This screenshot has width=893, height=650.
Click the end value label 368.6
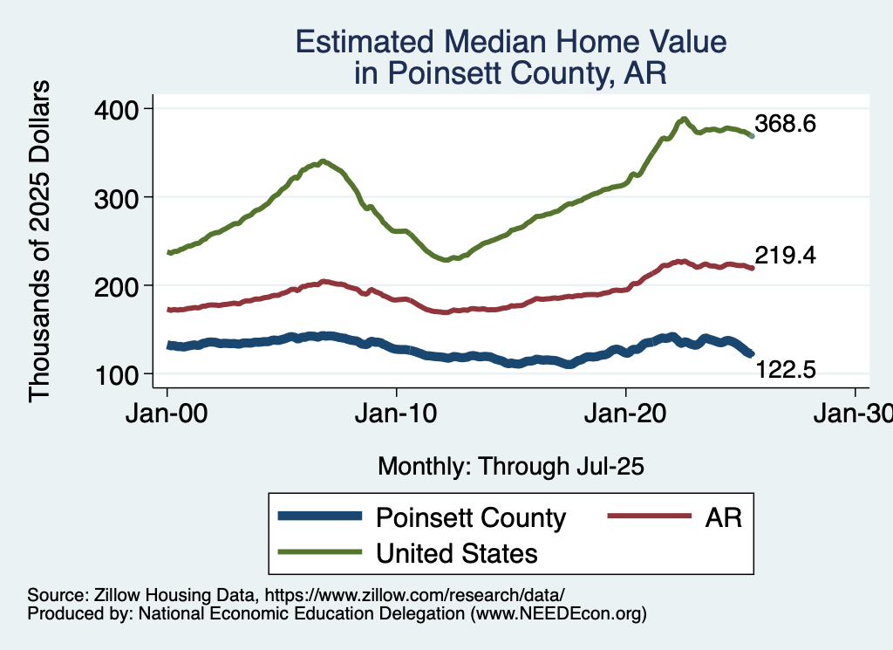click(x=786, y=124)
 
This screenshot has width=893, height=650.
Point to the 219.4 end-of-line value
click(x=786, y=256)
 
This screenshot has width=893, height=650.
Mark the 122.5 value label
click(x=786, y=371)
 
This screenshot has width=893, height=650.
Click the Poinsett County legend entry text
click(x=471, y=517)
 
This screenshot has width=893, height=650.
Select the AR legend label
click(x=724, y=517)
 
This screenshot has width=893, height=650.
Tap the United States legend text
click(x=456, y=553)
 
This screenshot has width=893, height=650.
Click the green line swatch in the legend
click(x=319, y=552)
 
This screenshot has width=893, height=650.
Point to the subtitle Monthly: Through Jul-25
click(x=510, y=467)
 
